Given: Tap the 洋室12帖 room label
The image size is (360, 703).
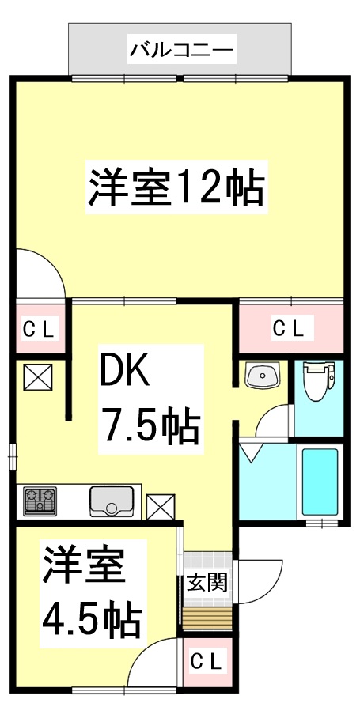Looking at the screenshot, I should (175, 187).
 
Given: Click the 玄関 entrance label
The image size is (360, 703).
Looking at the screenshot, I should (207, 583).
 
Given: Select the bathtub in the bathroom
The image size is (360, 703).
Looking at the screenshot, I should (320, 482).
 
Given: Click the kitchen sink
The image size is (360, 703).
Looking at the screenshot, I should (111, 501).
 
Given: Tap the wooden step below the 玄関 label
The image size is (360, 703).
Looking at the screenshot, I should (208, 617).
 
